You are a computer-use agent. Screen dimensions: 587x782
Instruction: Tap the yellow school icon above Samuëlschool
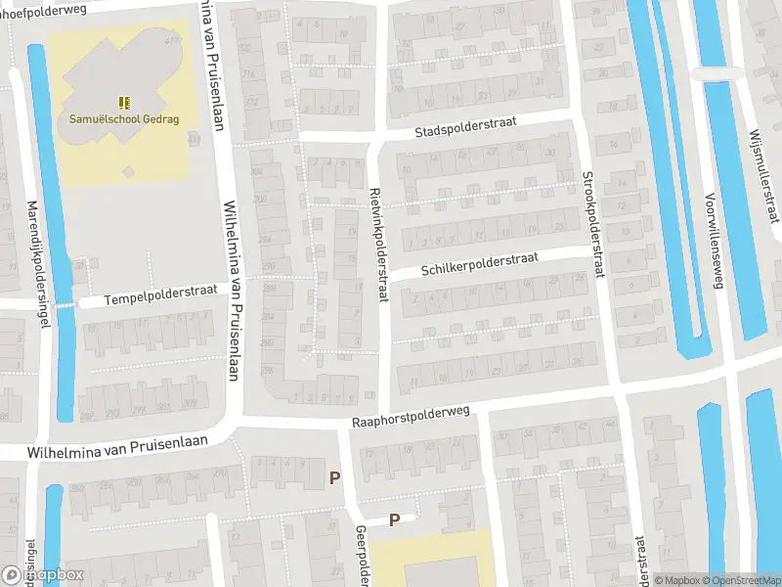click(124, 102)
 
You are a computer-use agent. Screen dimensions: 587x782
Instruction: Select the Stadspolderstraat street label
click(464, 128)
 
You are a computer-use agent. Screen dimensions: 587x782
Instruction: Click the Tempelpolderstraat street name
click(161, 295)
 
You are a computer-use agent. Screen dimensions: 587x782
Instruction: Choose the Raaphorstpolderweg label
click(411, 418)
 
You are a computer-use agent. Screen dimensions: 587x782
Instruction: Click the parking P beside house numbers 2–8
click(335, 478)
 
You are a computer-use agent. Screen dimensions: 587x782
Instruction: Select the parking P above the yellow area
click(395, 520)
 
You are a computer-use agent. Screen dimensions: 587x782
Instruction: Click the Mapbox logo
click(44, 575)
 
